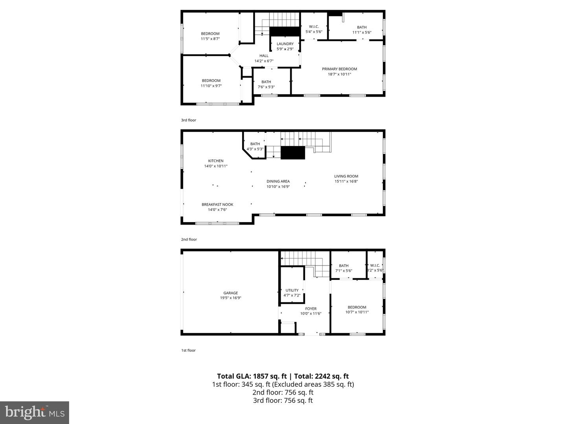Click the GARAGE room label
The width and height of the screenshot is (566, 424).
pos(231,293)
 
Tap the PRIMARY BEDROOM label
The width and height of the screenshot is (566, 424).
pos(339,69)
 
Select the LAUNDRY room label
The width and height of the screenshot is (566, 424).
pos(285,44)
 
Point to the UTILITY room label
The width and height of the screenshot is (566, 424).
pos(292,291)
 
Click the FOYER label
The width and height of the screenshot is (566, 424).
pos(311,309)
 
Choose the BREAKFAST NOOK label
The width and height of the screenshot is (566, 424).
pos(217,205)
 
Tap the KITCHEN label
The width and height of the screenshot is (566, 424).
pos(216,161)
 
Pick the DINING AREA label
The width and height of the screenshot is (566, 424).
pos(278,181)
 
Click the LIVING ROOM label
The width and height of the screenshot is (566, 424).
pos(346,176)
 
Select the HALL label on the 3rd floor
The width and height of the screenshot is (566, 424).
pos(264,56)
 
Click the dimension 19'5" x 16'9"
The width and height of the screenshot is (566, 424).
pos(231,298)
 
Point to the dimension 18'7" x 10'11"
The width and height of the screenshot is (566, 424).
pos(339,74)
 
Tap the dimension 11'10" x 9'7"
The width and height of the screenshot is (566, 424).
pos(211,86)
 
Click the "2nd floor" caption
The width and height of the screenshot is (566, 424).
pos(189,239)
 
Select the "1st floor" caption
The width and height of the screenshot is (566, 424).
pos(188,350)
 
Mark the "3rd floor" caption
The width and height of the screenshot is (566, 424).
pos(189,120)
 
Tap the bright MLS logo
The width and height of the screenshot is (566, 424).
pos(35,412)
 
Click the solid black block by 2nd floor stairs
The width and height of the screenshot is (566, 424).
pos(293,153)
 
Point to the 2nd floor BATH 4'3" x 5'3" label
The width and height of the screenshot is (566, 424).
pos(255,146)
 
